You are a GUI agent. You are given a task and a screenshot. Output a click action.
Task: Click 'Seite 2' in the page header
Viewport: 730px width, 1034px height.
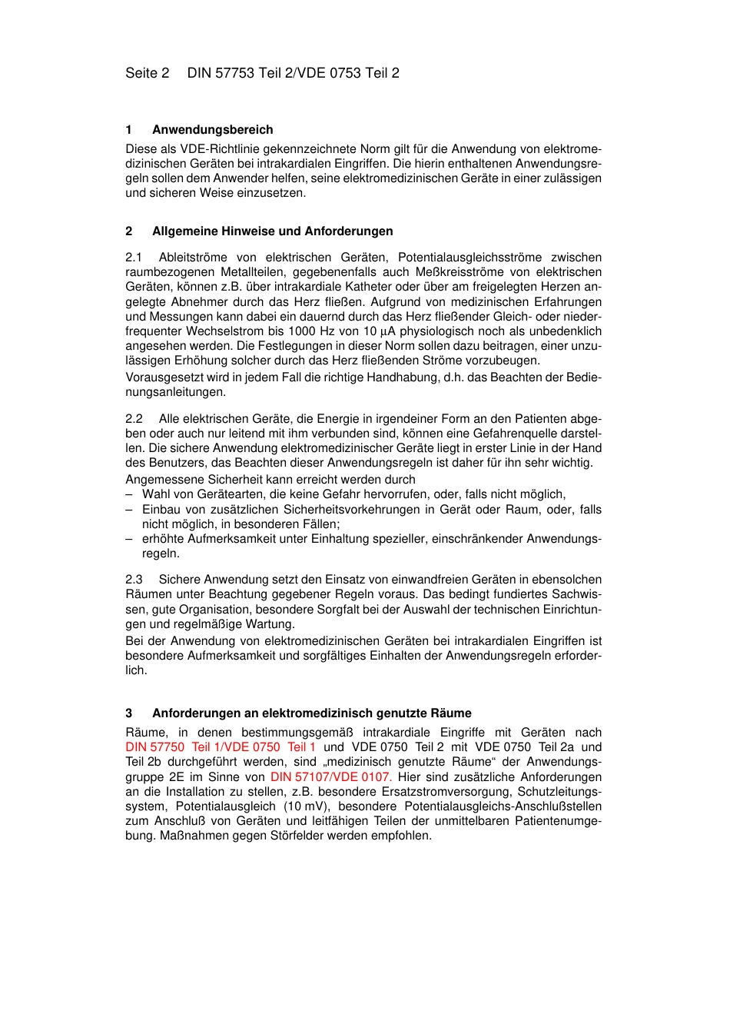147,73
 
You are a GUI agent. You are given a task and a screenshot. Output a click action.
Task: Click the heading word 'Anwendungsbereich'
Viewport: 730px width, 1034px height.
212,130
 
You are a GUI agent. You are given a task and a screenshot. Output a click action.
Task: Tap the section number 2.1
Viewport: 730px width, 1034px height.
134,258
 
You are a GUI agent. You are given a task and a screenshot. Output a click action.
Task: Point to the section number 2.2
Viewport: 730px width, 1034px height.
134,419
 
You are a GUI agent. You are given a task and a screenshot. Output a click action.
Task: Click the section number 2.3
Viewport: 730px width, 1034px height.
134,580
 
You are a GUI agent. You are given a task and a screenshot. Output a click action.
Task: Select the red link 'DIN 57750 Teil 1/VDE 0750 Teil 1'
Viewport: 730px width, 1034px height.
221,747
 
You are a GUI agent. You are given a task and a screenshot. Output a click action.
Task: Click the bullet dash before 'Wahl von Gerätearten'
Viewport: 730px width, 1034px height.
129,494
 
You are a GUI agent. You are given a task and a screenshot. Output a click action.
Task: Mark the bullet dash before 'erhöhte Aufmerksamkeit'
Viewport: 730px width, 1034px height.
129,539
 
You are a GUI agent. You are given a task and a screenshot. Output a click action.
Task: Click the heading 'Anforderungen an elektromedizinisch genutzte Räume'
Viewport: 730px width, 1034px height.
311,713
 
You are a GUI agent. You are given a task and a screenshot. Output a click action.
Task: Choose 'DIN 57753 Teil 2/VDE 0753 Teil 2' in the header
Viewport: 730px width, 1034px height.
293,73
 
